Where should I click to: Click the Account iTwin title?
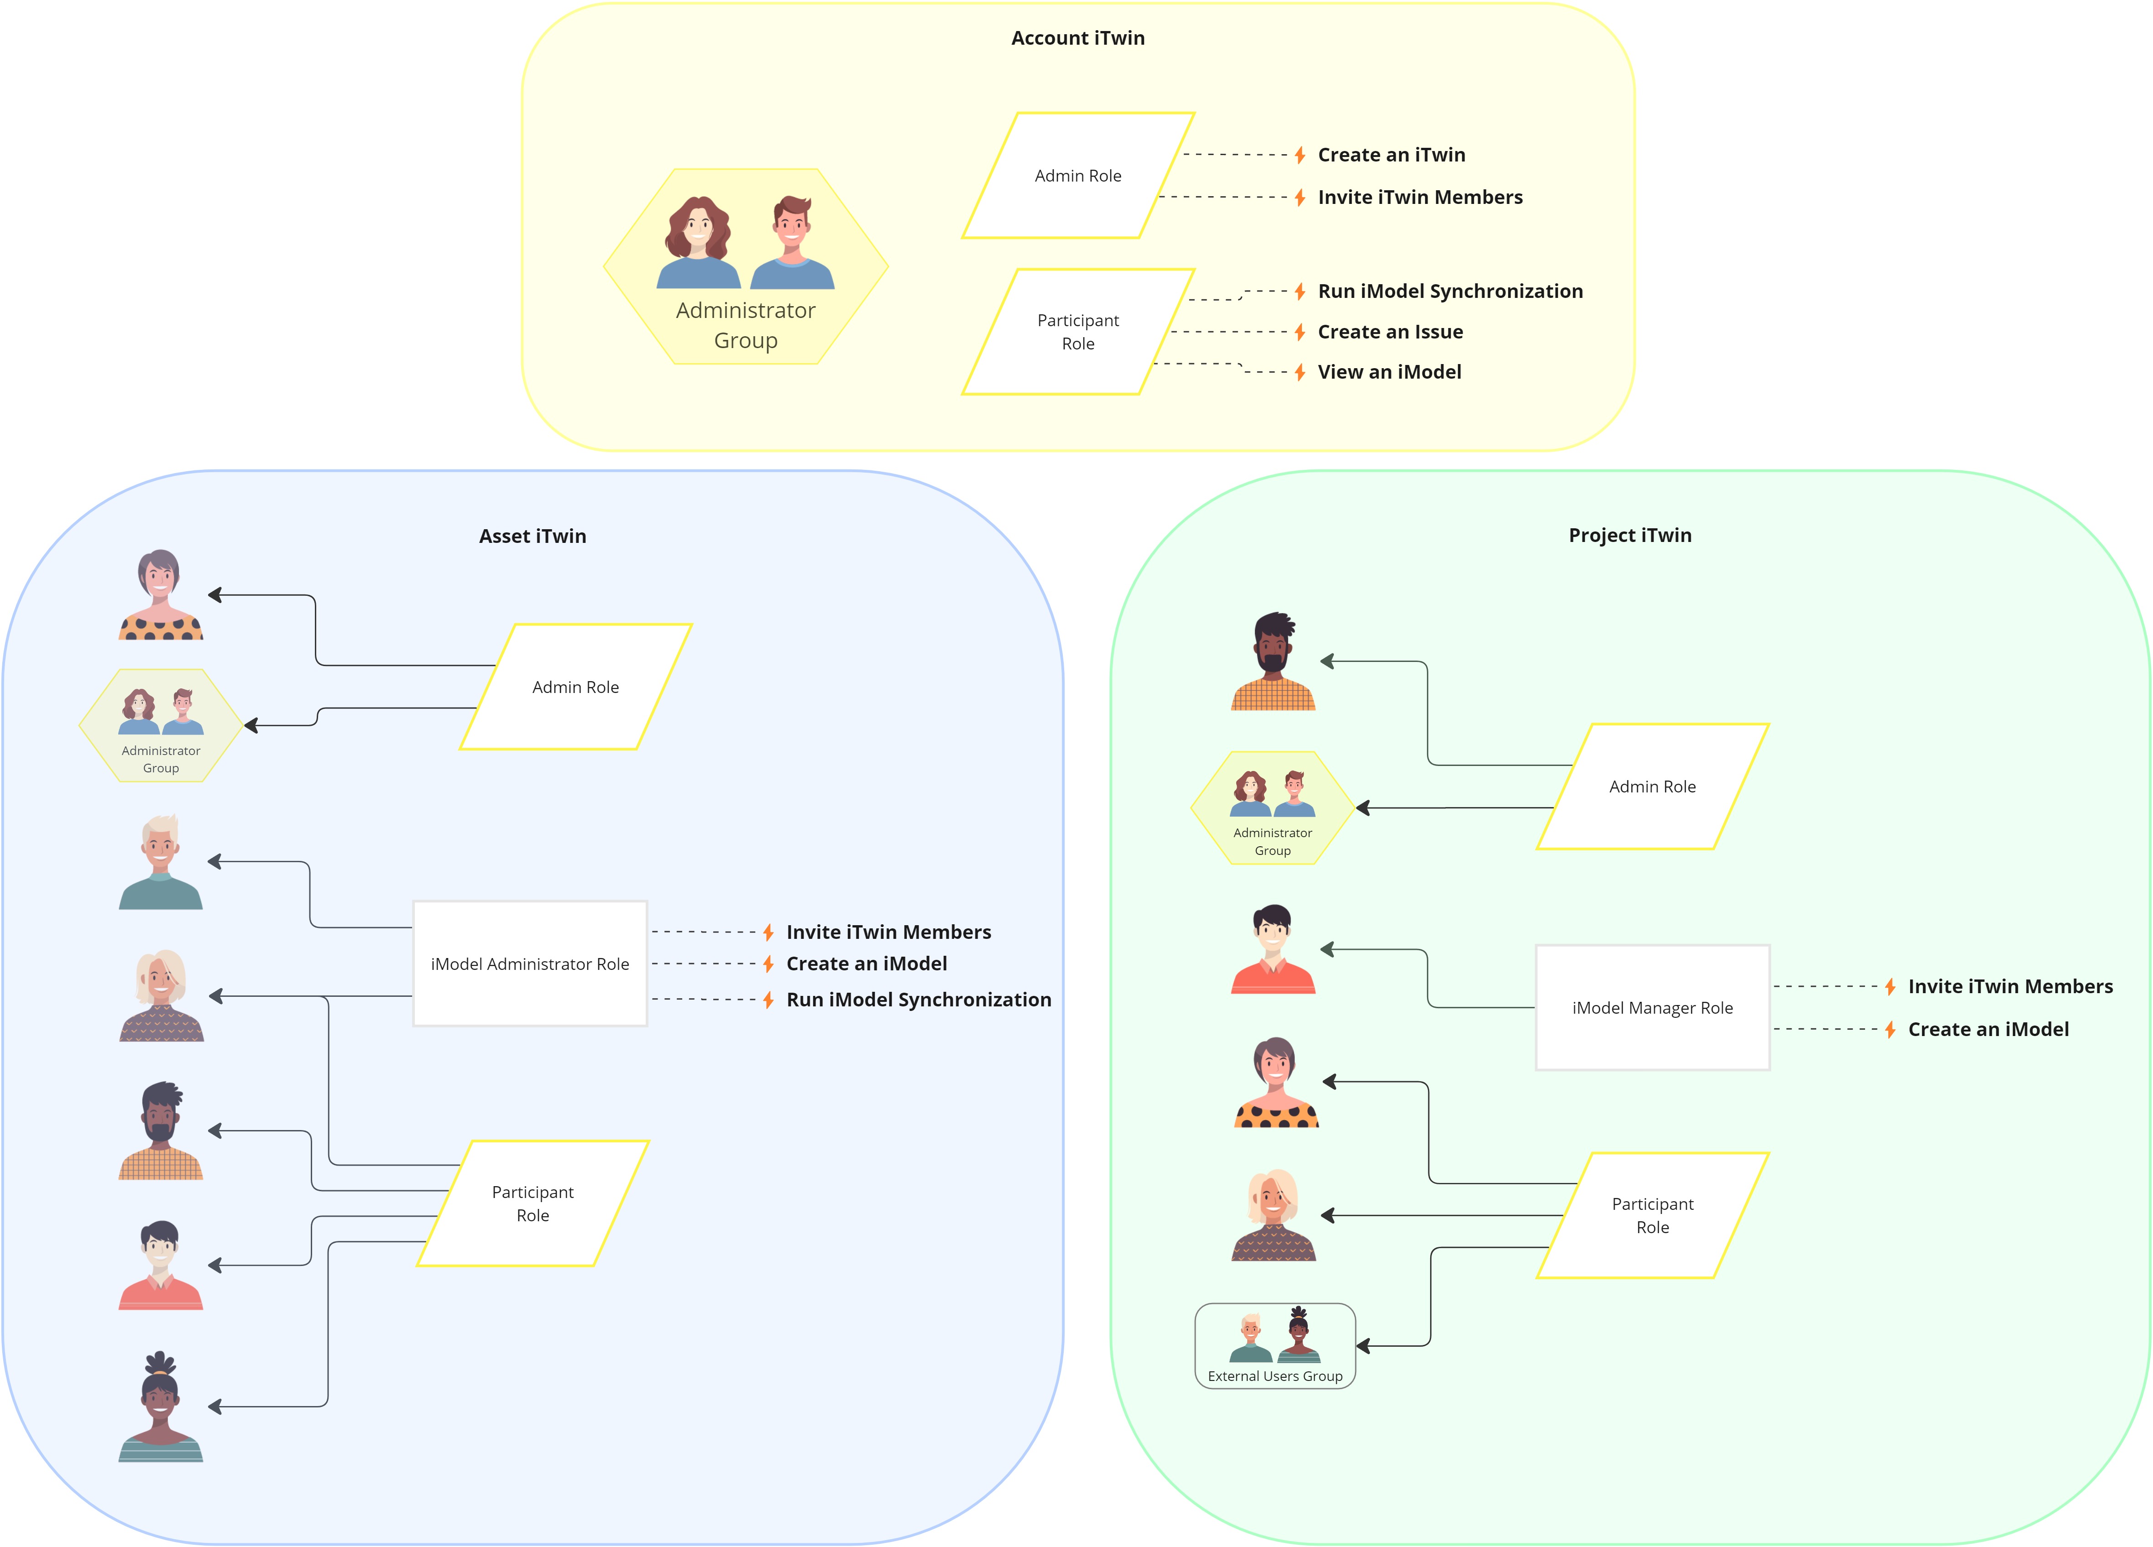point(1077,38)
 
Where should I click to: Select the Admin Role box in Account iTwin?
point(1077,176)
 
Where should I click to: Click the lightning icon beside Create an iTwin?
point(1300,155)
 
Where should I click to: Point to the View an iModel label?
point(1389,372)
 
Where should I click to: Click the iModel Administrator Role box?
point(530,964)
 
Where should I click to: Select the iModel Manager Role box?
point(1652,1007)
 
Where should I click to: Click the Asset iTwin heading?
point(533,536)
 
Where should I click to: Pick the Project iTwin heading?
point(1629,535)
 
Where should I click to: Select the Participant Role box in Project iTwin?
point(1652,1215)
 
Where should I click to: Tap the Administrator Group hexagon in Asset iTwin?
point(161,726)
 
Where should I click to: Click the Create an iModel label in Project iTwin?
point(1988,1029)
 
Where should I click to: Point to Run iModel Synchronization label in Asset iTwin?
point(918,1000)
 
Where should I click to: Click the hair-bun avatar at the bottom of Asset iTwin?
point(161,1406)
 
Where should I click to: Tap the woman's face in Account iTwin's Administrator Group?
point(698,228)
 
